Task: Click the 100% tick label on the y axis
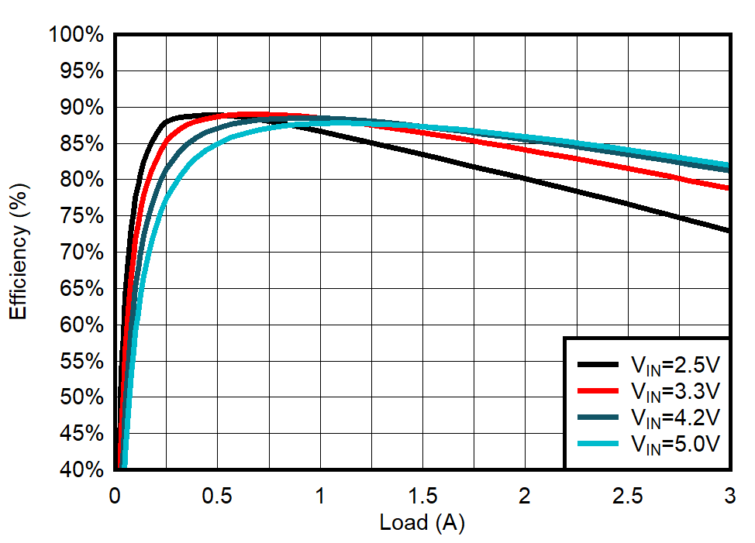pyautogui.click(x=76, y=35)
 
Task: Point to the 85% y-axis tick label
pyautogui.click(x=81, y=143)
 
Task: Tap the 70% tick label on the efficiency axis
pyautogui.click(x=81, y=252)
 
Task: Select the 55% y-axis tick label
pyautogui.click(x=81, y=361)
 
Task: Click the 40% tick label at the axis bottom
pyautogui.click(x=81, y=469)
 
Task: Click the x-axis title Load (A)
pyautogui.click(x=422, y=523)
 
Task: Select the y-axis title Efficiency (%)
pyautogui.click(x=19, y=253)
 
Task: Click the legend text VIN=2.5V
pyautogui.click(x=675, y=364)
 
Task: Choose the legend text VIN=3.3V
pyautogui.click(x=675, y=390)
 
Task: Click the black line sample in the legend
pyautogui.click(x=598, y=364)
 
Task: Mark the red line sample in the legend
pyautogui.click(x=598, y=390)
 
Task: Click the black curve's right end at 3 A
pyautogui.click(x=728, y=230)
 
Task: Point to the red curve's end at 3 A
pyautogui.click(x=728, y=187)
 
